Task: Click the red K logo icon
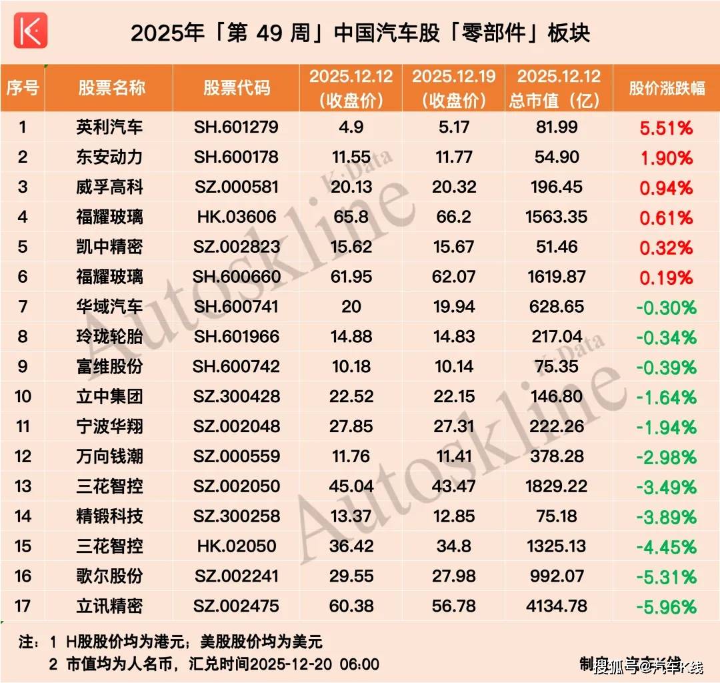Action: pyautogui.click(x=31, y=30)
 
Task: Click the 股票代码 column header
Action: pyautogui.click(x=237, y=87)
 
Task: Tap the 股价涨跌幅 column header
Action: pyautogui.click(x=667, y=87)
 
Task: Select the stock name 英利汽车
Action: pyautogui.click(x=109, y=127)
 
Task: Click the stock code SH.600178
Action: pyautogui.click(x=237, y=157)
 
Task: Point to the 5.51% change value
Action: pyautogui.click(x=667, y=128)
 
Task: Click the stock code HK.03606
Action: pyautogui.click(x=237, y=217)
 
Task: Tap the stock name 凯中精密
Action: pyautogui.click(x=109, y=247)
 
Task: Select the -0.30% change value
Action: pyautogui.click(x=666, y=307)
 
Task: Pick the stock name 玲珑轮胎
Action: pyautogui.click(x=109, y=337)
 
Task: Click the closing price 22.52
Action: pyautogui.click(x=351, y=397)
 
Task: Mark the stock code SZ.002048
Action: pyautogui.click(x=237, y=427)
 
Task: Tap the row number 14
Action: pyautogui.click(x=23, y=516)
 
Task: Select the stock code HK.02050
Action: pyautogui.click(x=237, y=546)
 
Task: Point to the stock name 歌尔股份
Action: pyautogui.click(x=109, y=576)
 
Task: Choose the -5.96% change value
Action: pyautogui.click(x=666, y=607)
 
